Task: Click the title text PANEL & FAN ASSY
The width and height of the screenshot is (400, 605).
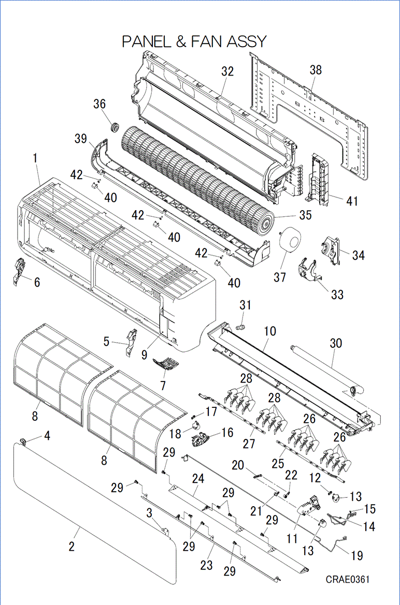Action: pos(194,41)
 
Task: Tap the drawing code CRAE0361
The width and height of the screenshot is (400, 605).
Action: pos(348,579)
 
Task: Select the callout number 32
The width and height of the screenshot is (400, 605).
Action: pos(227,72)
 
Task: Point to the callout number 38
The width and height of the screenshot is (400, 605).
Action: pos(316,70)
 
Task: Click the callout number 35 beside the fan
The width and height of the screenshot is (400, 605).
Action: pos(305,215)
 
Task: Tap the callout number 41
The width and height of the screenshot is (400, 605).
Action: pos(352,201)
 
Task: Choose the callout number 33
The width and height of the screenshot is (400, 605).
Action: pos(337,295)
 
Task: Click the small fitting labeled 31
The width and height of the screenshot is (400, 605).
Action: pos(240,327)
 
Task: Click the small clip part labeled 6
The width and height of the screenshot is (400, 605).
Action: pos(18,270)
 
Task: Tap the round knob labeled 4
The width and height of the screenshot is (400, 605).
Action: pos(24,441)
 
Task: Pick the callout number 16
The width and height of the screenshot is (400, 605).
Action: pos(227,432)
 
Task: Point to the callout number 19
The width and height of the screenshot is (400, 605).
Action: pos(357,555)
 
